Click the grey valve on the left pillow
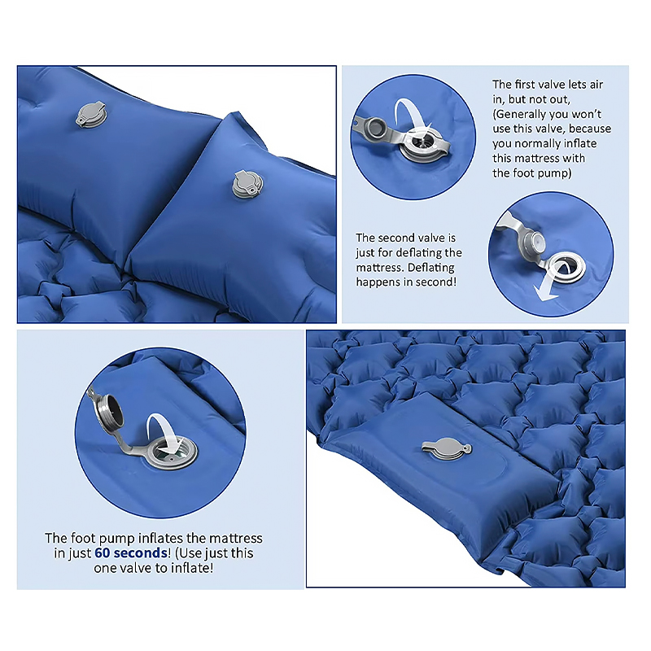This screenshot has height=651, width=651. [91, 114]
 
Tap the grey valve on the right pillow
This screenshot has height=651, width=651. [248, 184]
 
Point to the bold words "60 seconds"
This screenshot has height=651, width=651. [131, 553]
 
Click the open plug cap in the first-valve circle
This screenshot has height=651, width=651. [375, 126]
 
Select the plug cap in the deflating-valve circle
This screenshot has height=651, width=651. [532, 242]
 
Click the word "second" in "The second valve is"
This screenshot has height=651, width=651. [395, 238]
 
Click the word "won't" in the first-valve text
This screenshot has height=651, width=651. [586, 114]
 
